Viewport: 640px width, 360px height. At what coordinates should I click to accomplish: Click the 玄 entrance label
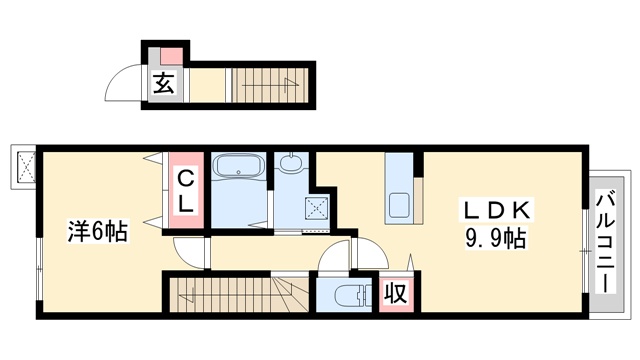[163, 84]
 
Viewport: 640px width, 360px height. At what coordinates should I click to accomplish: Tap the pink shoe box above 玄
[171, 56]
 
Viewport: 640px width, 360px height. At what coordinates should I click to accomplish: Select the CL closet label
[186, 190]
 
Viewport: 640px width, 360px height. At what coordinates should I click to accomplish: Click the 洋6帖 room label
[98, 231]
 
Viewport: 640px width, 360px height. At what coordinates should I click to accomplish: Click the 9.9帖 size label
[496, 238]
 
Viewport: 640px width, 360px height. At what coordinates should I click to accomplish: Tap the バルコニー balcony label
[606, 242]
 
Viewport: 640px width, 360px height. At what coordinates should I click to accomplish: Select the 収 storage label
[396, 293]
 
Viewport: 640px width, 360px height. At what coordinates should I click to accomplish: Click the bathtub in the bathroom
[239, 167]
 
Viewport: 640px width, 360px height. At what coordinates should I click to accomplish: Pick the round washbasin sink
[291, 163]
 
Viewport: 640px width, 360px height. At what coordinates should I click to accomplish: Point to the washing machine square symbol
[317, 208]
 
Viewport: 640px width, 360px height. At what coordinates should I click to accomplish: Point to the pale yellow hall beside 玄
[208, 85]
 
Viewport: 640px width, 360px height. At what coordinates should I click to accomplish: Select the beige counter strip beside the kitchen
[418, 200]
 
